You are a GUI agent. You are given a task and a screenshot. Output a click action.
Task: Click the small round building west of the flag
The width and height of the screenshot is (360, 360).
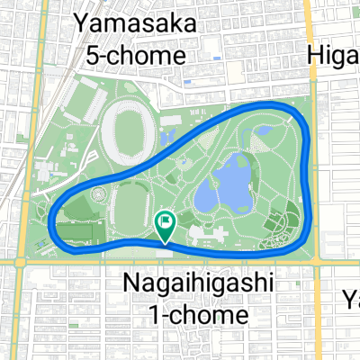click(x=96, y=195)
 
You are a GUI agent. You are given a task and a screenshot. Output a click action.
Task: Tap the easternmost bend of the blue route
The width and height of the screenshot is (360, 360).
click(x=311, y=166)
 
